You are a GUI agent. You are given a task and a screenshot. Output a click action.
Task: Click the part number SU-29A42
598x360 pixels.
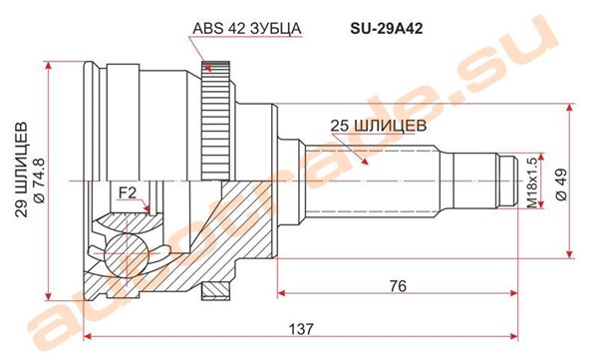pyautogui.click(x=386, y=29)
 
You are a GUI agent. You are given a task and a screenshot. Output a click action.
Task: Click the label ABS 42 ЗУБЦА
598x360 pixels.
pyautogui.click(x=247, y=29)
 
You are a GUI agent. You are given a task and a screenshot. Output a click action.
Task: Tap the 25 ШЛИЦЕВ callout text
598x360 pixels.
pyautogui.click(x=378, y=126)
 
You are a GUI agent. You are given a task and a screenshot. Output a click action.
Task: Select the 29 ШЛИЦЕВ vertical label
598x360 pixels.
pyautogui.click(x=22, y=170)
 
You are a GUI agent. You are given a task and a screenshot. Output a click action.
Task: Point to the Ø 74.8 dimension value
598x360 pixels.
pyautogui.click(x=40, y=180)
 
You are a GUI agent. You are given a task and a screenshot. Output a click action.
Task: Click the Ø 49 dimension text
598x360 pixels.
pyautogui.click(x=562, y=184)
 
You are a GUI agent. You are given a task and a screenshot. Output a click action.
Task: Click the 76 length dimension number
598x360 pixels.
pyautogui.click(x=398, y=286)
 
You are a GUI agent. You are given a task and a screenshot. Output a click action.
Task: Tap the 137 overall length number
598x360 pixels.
pyautogui.click(x=301, y=329)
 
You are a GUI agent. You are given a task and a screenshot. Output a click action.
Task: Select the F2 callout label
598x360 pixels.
pyautogui.click(x=128, y=193)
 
